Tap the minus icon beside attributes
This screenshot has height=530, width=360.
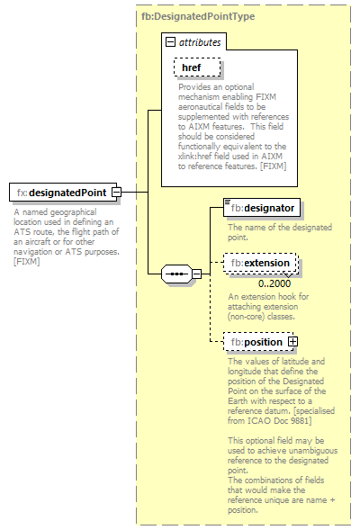[x=170, y=41]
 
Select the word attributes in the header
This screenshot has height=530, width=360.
[x=199, y=41]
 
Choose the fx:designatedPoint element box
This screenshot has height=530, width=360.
[x=59, y=192]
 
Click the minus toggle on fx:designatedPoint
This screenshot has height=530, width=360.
[x=117, y=192]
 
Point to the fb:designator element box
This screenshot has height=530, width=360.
[x=262, y=208]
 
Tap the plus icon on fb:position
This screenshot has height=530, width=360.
[x=292, y=342]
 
